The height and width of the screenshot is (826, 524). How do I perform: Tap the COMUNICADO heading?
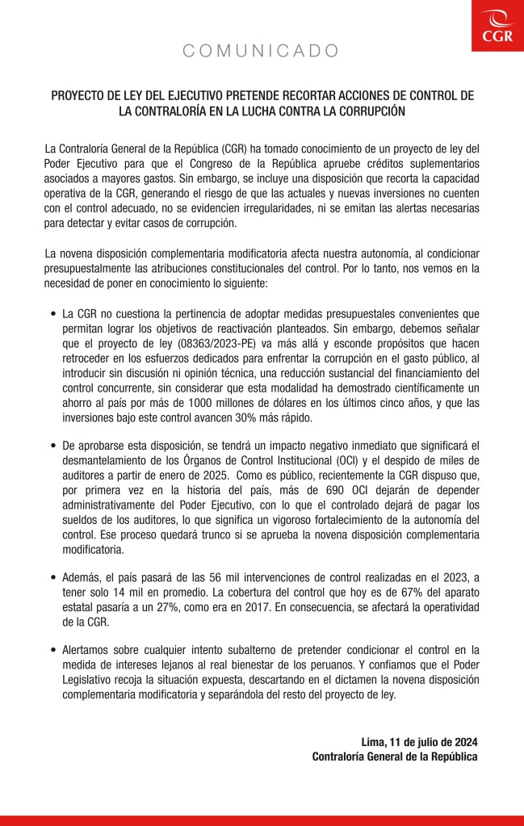pyautogui.click(x=262, y=52)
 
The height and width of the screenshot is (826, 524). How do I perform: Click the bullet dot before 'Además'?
pyautogui.click(x=52, y=578)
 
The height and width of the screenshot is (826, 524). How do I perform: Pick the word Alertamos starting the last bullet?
pyautogui.click(x=90, y=649)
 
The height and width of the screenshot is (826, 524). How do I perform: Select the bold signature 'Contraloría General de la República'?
pyautogui.click(x=395, y=757)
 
